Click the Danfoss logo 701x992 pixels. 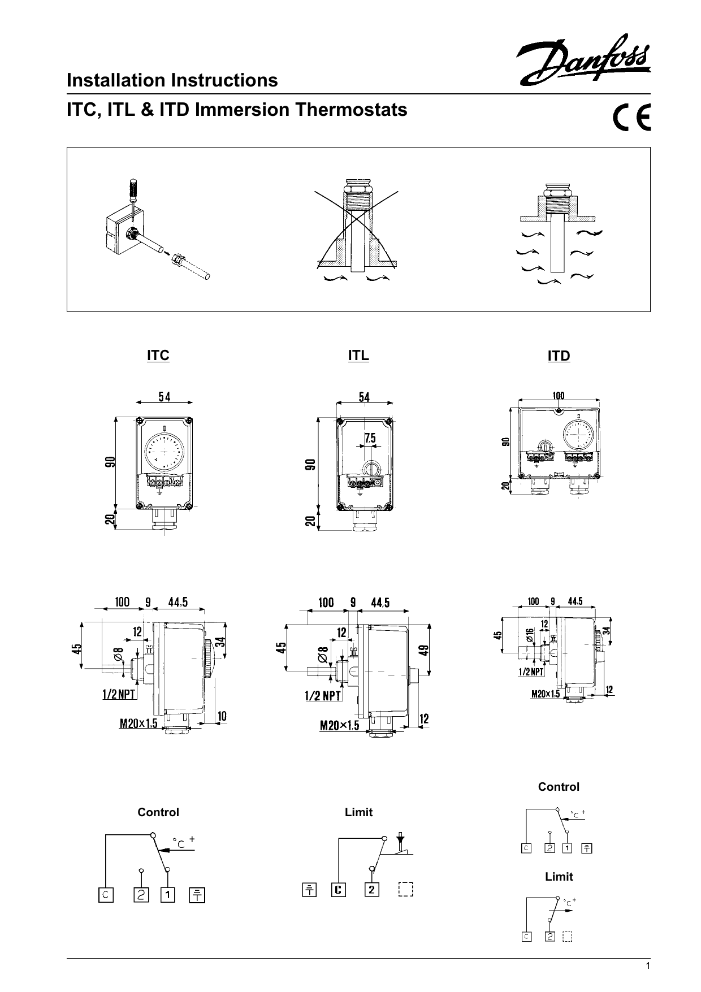583,60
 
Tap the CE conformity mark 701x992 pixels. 631,118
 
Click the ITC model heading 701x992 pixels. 158,356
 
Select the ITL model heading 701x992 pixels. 358,355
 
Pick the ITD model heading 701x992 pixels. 559,356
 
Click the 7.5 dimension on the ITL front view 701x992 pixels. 370,437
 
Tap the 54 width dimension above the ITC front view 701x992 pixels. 165,397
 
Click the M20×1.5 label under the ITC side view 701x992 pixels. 139,723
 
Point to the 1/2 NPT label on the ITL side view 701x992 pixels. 323,696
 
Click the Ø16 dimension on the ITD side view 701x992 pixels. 530,635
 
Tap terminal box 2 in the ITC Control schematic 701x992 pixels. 141,895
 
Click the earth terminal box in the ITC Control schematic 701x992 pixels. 197,895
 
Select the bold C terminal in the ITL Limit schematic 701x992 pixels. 339,890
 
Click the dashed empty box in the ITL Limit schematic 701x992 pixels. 405,890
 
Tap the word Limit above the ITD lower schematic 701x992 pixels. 559,877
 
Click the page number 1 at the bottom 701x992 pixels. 648,966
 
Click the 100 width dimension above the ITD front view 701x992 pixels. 558,396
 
